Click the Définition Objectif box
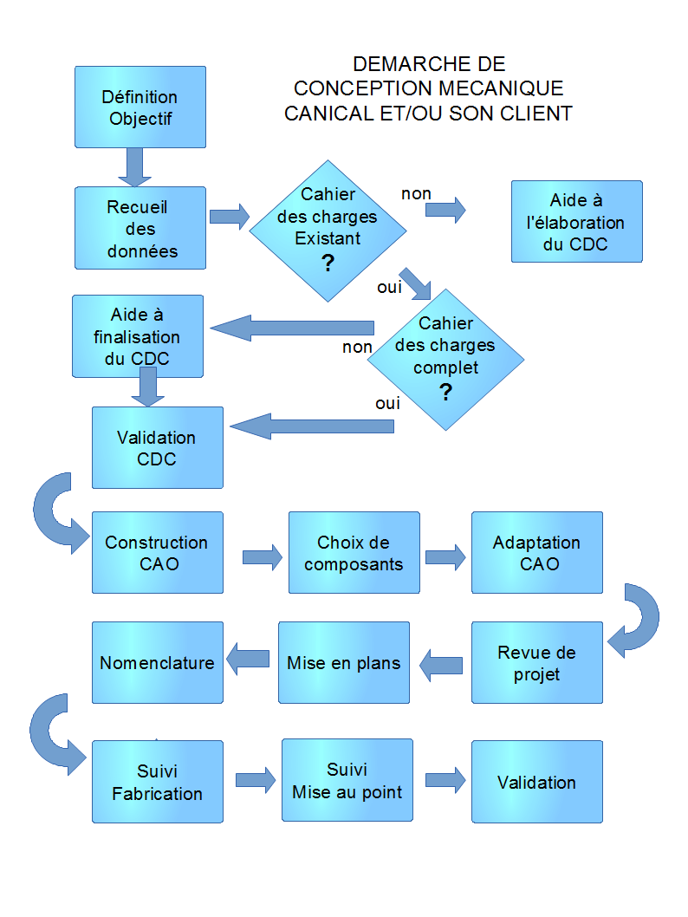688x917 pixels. (140, 107)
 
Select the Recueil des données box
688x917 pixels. (140, 228)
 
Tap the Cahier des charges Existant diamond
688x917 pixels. (328, 231)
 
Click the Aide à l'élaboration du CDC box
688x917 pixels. (576, 221)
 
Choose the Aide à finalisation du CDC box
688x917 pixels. (137, 335)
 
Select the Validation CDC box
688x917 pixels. (157, 447)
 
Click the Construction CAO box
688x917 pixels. (157, 552)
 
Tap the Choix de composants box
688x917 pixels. (354, 552)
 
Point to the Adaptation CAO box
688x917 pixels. (536, 552)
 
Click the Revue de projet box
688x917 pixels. (536, 662)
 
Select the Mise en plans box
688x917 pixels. (343, 662)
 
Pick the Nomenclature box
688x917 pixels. (157, 662)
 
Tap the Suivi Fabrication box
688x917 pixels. (157, 781)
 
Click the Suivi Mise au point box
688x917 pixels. (347, 780)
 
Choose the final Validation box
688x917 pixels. (536, 781)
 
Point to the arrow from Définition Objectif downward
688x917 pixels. (134, 166)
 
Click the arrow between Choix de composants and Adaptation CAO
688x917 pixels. (445, 556)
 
